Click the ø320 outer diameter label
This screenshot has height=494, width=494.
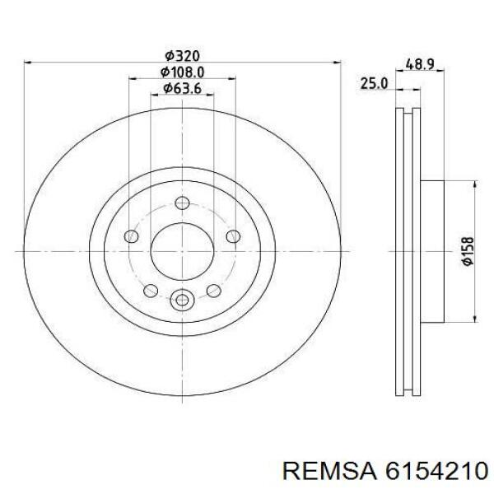pos(183,56)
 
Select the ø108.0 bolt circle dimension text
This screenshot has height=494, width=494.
pos(183,72)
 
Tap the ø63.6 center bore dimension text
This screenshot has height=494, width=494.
pos(182,89)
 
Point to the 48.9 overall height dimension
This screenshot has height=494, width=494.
pos(420,64)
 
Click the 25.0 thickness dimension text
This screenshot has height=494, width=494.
pos(375,83)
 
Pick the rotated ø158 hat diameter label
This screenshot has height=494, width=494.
pos(467,251)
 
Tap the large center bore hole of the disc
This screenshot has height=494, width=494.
pos(182,251)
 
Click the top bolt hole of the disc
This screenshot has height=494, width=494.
pos(182,203)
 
